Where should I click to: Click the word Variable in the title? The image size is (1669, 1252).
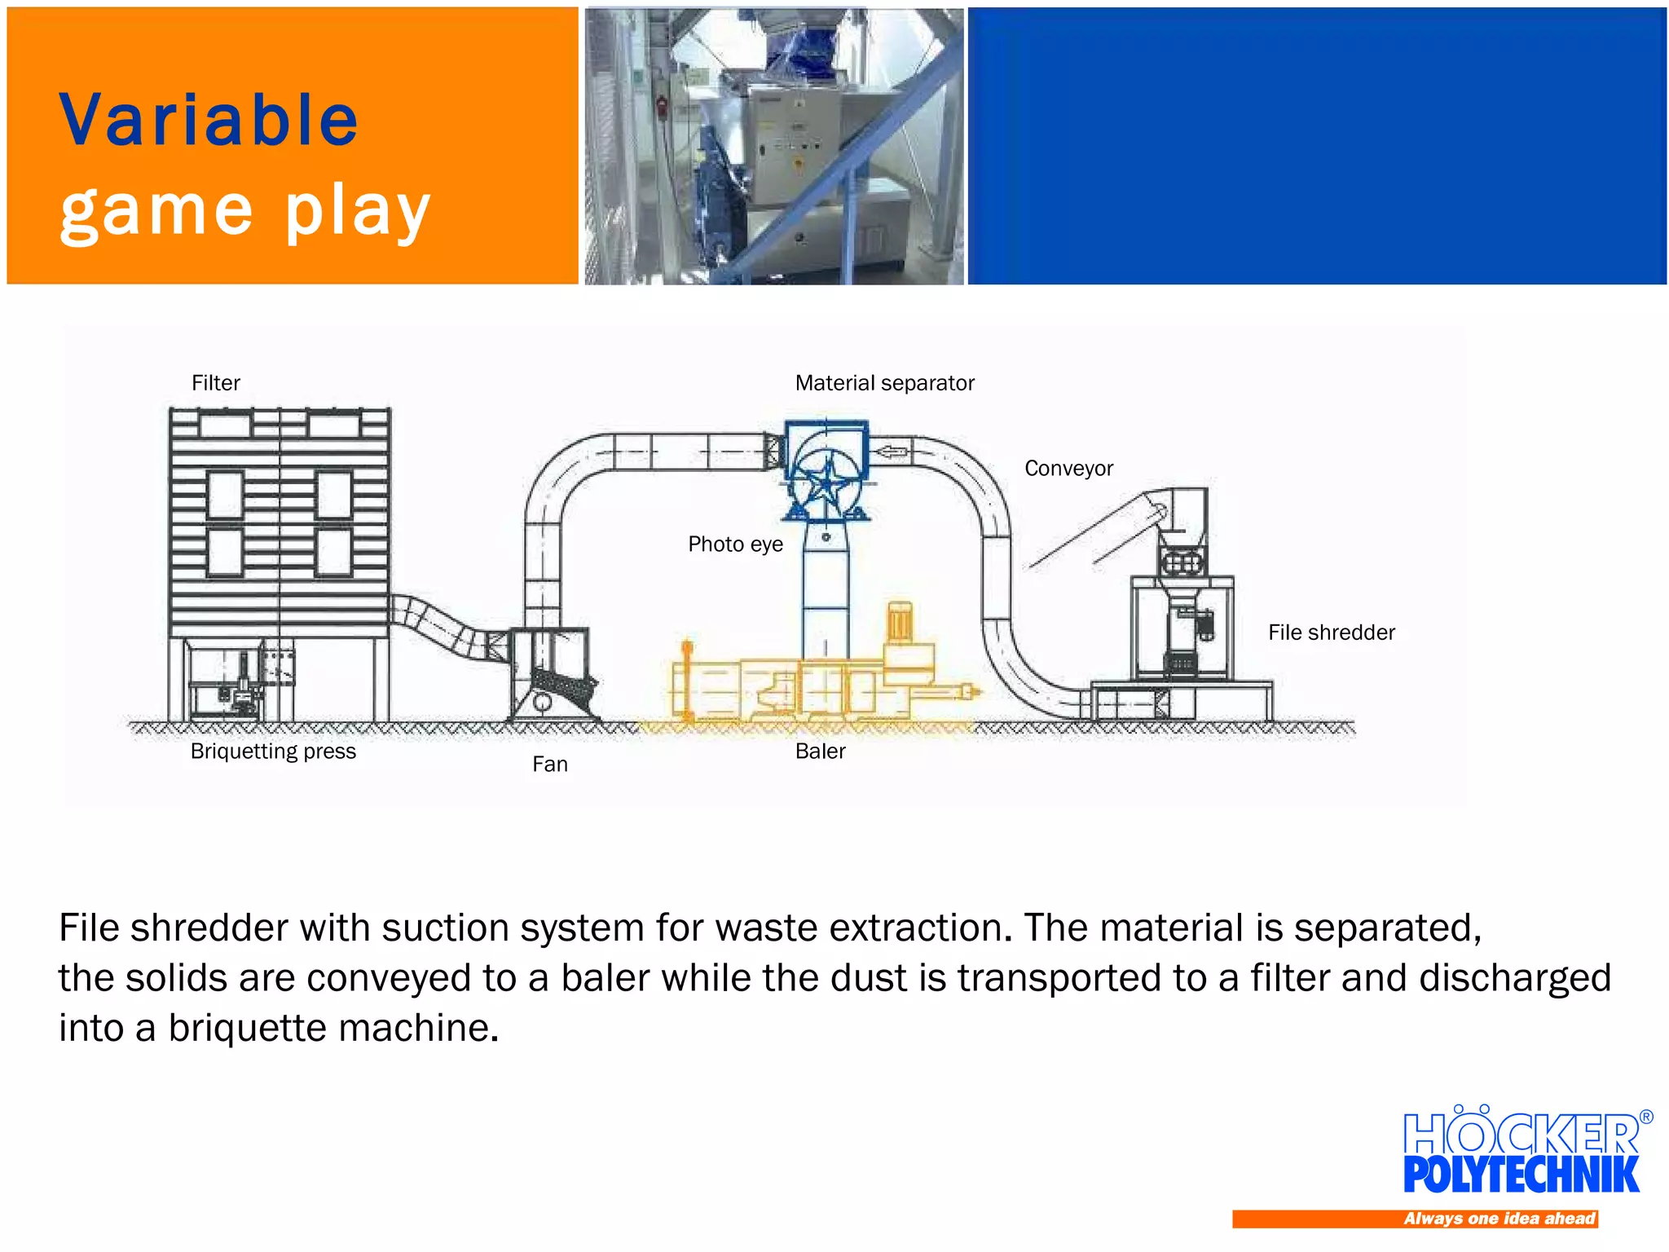click(x=209, y=121)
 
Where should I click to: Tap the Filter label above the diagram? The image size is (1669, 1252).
click(x=215, y=383)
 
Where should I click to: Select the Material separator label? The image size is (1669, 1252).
click(x=884, y=383)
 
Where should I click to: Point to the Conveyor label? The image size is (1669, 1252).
click(x=1068, y=469)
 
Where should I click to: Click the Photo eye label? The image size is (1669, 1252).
click(x=735, y=544)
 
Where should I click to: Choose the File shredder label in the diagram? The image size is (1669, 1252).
click(x=1331, y=633)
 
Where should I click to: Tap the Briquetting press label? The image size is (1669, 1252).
click(x=273, y=752)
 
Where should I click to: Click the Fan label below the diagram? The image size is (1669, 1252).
click(x=550, y=765)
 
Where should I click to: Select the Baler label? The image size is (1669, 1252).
click(x=820, y=752)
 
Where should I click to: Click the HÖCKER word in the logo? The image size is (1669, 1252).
click(x=1521, y=1133)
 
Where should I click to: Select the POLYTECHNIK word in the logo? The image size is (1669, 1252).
click(x=1521, y=1175)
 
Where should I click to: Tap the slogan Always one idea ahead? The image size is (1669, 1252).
click(x=1499, y=1219)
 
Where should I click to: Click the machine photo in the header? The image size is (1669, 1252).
click(x=774, y=147)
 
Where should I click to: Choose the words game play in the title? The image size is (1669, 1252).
click(x=244, y=210)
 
